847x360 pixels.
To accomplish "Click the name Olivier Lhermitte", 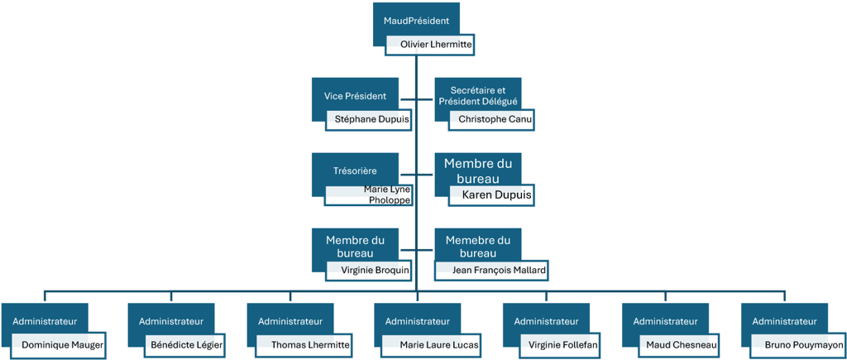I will pyautogui.click(x=431, y=45).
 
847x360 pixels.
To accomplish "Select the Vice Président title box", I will pyautogui.click(x=355, y=96).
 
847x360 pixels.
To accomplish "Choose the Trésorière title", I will pyautogui.click(x=356, y=170).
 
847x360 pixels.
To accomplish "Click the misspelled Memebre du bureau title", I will pyautogui.click(x=478, y=246).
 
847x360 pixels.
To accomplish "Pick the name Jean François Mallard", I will pyautogui.click(x=488, y=270).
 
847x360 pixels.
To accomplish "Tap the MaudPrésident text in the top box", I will pyautogui.click(x=417, y=20).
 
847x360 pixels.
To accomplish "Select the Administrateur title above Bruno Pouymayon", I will pyautogui.click(x=784, y=320).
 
